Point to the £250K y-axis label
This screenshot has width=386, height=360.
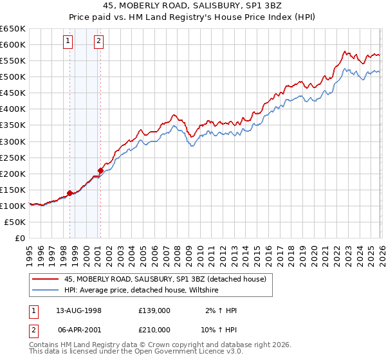13,157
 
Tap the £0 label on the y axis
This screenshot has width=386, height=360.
19,238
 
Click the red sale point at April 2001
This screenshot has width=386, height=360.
100,170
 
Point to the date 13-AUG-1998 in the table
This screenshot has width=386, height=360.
76,310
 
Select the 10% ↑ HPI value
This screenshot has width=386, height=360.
218,330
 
